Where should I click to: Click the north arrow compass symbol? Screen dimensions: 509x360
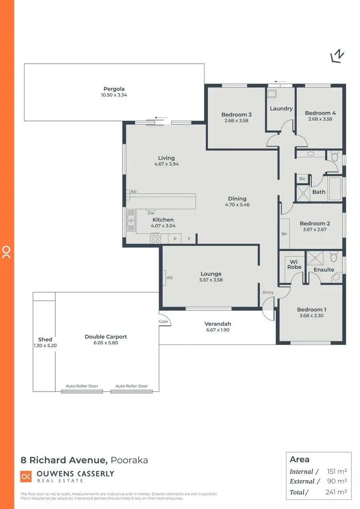pyautogui.click(x=337, y=56)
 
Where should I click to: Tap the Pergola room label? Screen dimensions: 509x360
pyautogui.click(x=114, y=89)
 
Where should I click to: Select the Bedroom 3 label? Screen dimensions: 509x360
pyautogui.click(x=236, y=115)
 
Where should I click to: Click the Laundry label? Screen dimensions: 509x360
pyautogui.click(x=281, y=108)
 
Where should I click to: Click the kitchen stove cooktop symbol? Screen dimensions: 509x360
pyautogui.click(x=156, y=238)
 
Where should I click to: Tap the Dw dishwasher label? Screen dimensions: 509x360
pyautogui.click(x=151, y=213)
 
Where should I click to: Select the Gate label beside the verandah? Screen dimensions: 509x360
pyautogui.click(x=163, y=321)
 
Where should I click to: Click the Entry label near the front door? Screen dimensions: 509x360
pyautogui.click(x=268, y=292)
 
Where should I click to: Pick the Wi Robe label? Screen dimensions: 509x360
pyautogui.click(x=294, y=264)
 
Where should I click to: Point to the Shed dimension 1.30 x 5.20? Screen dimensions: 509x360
pyautogui.click(x=45, y=345)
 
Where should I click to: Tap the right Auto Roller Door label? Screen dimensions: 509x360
pyautogui.click(x=132, y=386)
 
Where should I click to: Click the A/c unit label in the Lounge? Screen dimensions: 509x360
pyautogui.click(x=169, y=278)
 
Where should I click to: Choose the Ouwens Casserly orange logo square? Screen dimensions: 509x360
pyautogui.click(x=26, y=476)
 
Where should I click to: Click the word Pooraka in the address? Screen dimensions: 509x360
pyautogui.click(x=129, y=460)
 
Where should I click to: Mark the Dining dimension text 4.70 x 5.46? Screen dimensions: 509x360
pyautogui.click(x=237, y=205)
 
